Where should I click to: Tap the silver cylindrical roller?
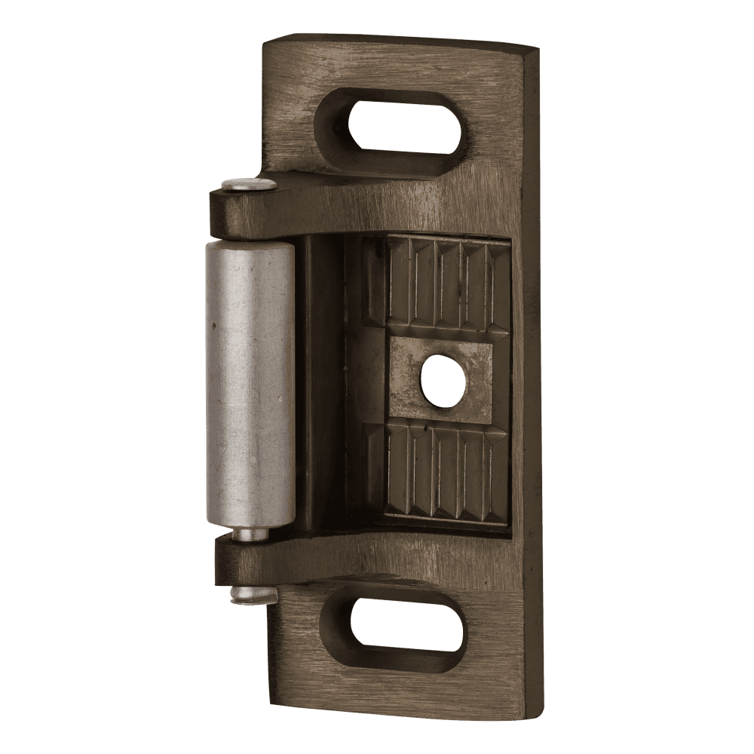coord(250,385)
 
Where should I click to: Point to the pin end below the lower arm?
coord(253,596)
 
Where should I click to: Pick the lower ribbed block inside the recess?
coord(445,471)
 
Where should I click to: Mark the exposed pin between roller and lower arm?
coord(250,534)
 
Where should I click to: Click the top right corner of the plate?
coord(535,50)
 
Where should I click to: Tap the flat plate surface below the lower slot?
coord(400,690)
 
